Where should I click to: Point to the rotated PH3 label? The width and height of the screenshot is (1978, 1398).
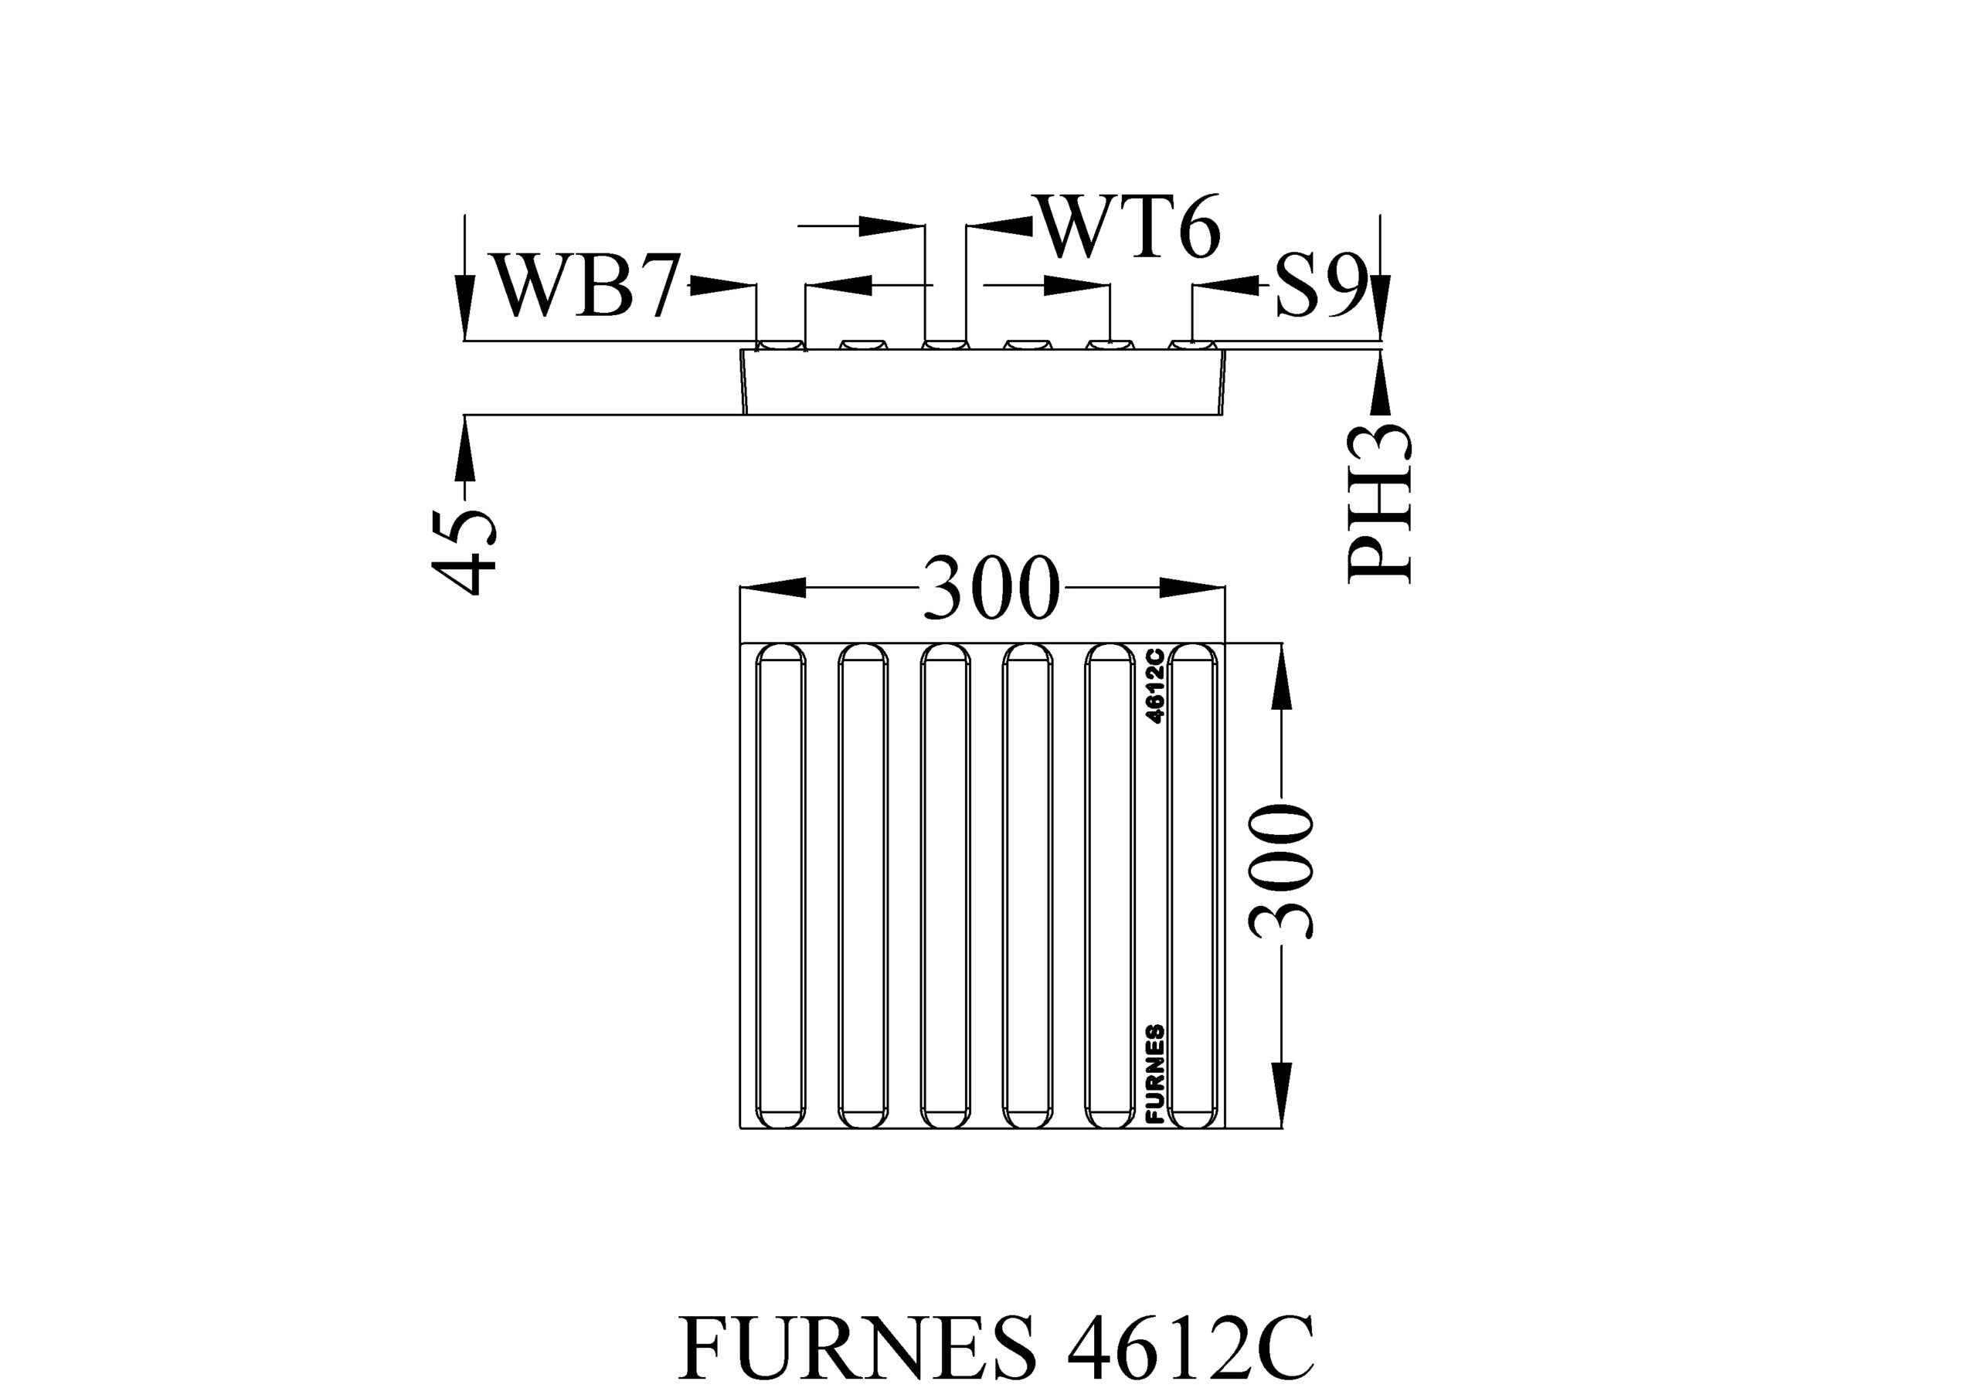tap(1378, 505)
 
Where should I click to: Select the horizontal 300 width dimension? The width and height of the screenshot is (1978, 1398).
tap(990, 589)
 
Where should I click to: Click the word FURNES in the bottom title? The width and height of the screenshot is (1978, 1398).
tap(857, 1347)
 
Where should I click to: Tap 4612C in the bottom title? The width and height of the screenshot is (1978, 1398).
tap(1191, 1347)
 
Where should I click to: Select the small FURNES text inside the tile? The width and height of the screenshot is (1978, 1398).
tap(1156, 1074)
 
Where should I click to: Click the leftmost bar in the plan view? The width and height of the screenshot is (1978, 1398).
tap(780, 885)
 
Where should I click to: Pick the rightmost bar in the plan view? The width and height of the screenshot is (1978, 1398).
tap(1193, 885)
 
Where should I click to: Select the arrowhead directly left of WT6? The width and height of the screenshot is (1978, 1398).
tap(999, 226)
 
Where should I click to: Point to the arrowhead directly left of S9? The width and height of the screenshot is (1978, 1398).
tap(1224, 286)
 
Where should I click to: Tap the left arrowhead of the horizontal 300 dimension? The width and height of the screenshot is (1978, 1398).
tap(773, 588)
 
